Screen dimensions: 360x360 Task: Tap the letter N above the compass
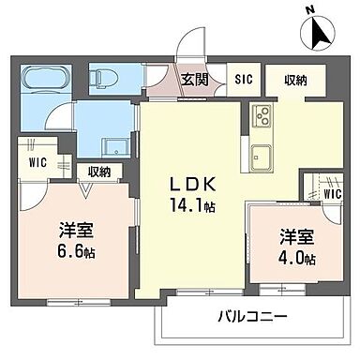(x=309, y=11)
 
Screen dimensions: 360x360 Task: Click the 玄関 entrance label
(x=195, y=78)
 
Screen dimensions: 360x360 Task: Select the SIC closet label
(x=243, y=79)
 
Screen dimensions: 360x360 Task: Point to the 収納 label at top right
(x=293, y=79)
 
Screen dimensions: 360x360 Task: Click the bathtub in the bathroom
(x=47, y=79)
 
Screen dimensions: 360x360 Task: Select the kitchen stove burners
(x=262, y=120)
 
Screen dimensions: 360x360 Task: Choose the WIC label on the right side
(x=332, y=194)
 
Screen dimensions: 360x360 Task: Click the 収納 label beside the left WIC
(x=99, y=171)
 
